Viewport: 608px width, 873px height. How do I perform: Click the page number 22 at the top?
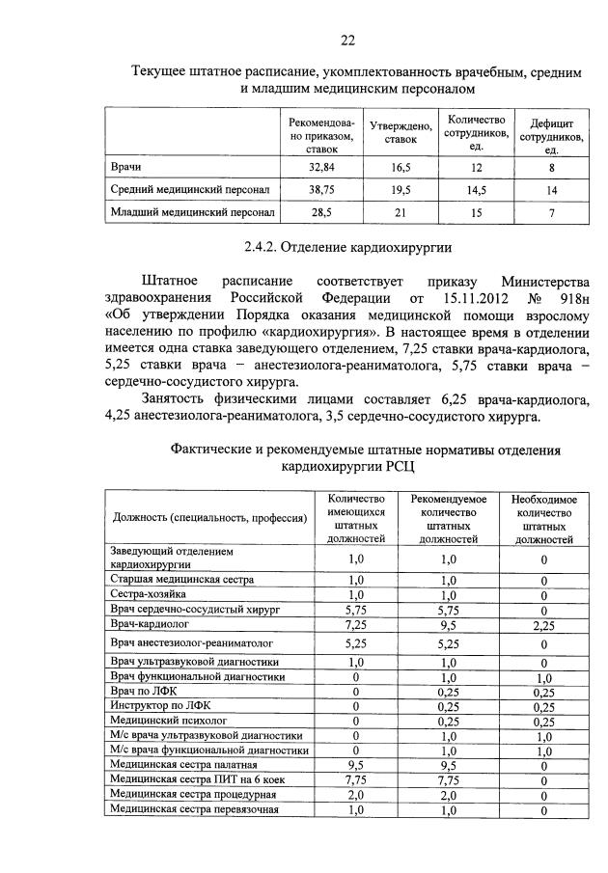pos(347,40)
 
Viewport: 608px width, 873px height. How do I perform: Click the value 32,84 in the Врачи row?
pos(320,167)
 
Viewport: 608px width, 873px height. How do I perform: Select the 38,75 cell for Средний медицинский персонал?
pos(320,190)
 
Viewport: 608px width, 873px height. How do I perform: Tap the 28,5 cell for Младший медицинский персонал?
pos(320,212)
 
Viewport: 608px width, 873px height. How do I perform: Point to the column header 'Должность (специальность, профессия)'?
pos(207,518)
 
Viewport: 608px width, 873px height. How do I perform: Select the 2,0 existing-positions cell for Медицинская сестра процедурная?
pos(355,794)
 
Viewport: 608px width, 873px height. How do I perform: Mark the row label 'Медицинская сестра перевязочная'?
pos(194,809)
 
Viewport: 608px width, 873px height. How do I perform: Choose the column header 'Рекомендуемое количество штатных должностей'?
pos(448,518)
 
